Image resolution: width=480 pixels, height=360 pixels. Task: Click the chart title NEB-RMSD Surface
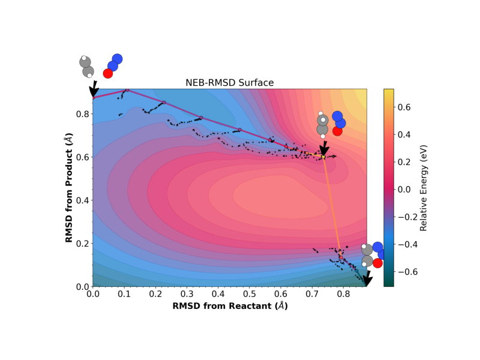(230, 83)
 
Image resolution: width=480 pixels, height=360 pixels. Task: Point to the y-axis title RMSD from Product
(69, 188)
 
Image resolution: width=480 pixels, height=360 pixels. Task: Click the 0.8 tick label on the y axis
(82, 114)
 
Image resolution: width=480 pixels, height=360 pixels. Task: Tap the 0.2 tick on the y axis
(82, 244)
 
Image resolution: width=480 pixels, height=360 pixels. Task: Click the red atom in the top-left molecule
(108, 73)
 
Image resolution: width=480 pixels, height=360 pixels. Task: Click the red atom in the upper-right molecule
(337, 131)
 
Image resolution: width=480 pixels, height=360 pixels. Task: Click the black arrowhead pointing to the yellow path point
(324, 149)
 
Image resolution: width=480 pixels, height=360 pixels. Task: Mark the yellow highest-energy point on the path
(323, 157)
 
